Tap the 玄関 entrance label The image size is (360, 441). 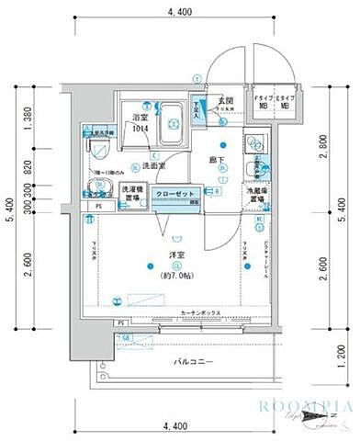[x=221, y=100]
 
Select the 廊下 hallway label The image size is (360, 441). [x=217, y=160]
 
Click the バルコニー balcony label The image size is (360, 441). [x=195, y=362]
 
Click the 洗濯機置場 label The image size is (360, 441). [x=133, y=196]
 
